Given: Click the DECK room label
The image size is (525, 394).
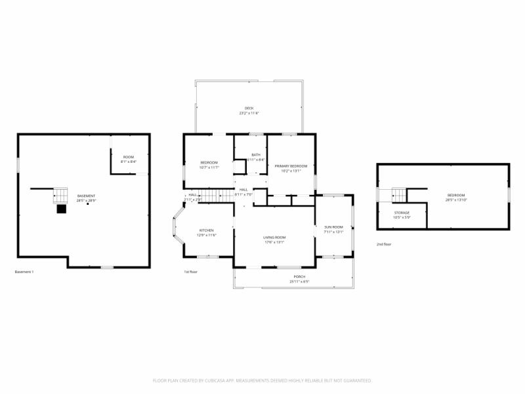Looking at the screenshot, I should coord(249,108).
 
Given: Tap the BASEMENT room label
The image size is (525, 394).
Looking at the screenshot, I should coord(86,196).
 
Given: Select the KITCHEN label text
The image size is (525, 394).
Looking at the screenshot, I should coord(207,230).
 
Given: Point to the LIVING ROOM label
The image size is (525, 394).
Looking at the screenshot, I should coord(274,237).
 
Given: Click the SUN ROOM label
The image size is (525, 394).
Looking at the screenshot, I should coord(333,227).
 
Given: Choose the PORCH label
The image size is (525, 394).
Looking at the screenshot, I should coord(299,277).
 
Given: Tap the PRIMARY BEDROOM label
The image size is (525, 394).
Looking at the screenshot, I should coord(291,166).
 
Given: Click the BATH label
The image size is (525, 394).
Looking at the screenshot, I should coord(255,155).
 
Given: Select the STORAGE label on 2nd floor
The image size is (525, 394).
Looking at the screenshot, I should coord(402,213).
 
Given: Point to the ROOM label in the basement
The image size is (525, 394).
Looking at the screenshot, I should coord(129,157).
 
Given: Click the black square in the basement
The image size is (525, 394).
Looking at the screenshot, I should coord(62,209).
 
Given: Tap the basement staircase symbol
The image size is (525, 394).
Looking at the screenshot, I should coord(60,195).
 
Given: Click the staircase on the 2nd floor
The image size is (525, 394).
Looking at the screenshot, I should coord(400,195).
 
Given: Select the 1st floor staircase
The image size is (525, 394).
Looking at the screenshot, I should coord(217,195).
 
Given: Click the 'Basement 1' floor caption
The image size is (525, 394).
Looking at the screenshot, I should coord(24,272).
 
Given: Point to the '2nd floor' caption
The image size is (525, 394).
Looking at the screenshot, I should coord(384,244).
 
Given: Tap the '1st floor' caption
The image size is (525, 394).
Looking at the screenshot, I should coord(190,272).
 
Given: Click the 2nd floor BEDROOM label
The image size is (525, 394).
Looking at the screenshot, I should coord(456,195).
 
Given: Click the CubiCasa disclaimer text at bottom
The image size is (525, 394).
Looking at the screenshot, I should coord(262,380).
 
